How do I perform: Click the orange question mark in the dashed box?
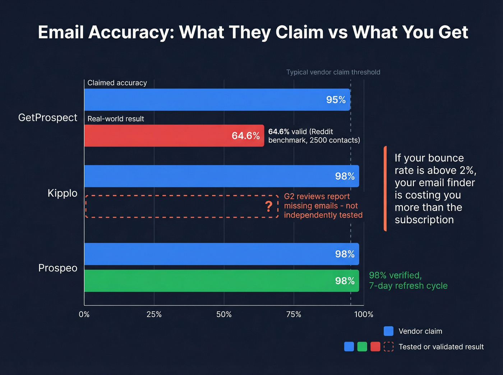coord(268,206)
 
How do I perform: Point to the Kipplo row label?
coord(63,193)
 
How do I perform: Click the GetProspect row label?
coord(48,118)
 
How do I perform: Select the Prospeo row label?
coord(58,268)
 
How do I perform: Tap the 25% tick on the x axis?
coord(154,314)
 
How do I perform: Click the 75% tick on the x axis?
coord(294,314)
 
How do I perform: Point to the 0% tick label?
coord(84,314)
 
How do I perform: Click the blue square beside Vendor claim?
coord(388,331)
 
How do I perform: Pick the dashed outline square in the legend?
coord(388,347)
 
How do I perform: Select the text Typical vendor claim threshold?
coord(333,72)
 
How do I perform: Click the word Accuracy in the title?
coord(131,32)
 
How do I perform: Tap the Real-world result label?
coord(116,119)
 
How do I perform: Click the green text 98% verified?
coord(395,275)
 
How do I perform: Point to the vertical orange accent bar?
coord(385,188)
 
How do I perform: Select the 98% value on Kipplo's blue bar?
coord(345,176)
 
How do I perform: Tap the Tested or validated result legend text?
coord(441,347)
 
